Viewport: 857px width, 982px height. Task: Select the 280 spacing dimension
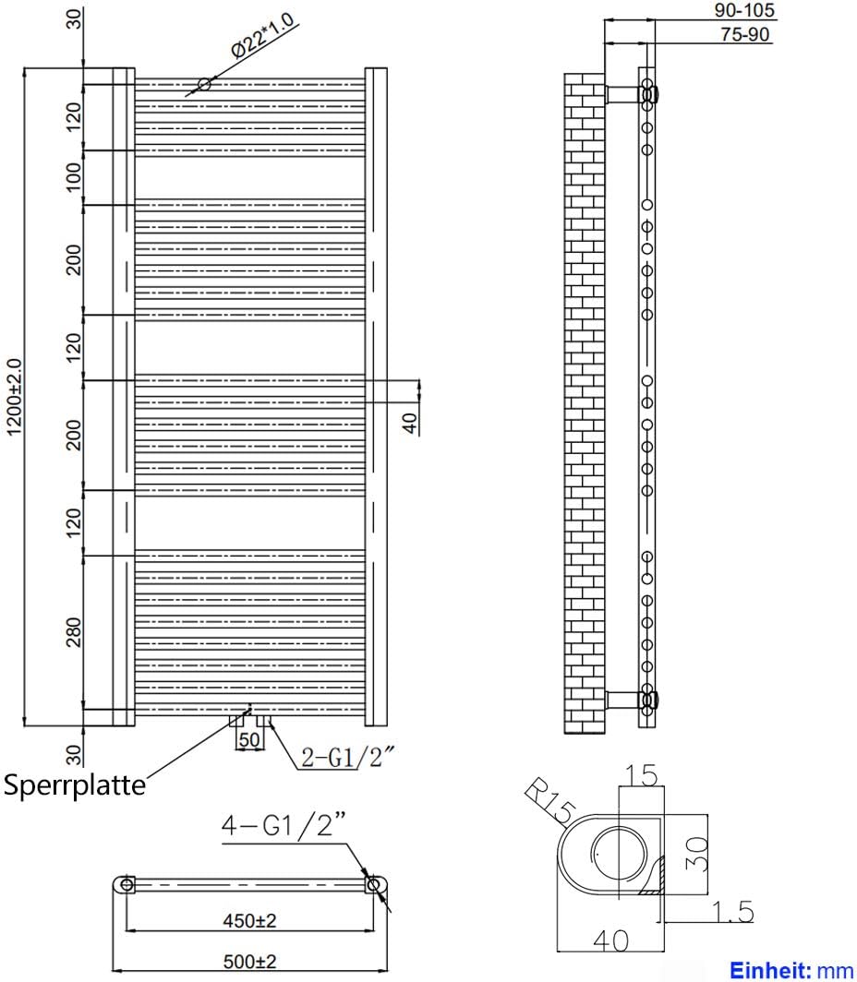tap(75, 631)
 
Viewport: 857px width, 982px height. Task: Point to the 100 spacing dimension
tap(75, 176)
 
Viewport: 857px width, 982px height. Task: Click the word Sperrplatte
tap(75, 784)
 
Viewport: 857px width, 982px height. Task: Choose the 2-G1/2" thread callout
tap(348, 758)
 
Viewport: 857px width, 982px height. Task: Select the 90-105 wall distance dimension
tap(744, 11)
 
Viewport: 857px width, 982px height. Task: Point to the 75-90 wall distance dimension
tap(744, 35)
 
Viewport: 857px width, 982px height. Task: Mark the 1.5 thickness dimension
tap(733, 912)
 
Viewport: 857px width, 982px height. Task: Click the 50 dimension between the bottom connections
tap(248, 739)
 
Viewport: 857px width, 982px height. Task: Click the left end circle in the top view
tap(127, 885)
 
